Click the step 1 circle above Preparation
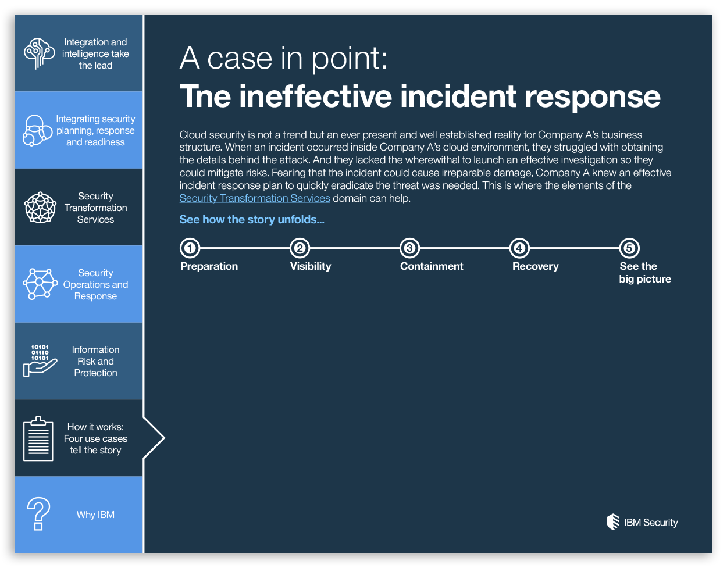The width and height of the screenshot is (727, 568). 190,248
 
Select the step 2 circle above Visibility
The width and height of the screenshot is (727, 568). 300,248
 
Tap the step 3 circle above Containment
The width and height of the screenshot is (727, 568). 409,248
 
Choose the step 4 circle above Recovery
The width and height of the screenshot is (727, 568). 519,248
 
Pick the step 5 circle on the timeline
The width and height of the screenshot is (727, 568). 629,248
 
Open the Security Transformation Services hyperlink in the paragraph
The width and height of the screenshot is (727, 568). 255,198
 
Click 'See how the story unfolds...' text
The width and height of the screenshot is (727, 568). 252,220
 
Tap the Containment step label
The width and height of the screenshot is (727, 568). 432,266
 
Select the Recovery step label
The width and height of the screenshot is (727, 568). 535,266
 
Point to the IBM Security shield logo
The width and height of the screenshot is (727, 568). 613,521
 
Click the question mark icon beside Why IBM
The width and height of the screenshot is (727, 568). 38,514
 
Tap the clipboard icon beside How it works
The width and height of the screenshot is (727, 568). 38,439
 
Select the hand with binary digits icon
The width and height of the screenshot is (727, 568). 40,360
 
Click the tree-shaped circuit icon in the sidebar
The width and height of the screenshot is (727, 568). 39,53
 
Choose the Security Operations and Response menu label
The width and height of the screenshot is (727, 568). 95,284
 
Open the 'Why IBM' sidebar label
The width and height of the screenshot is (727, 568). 95,515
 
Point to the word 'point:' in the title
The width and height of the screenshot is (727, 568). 350,58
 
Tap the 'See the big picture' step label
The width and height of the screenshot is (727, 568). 644,273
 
